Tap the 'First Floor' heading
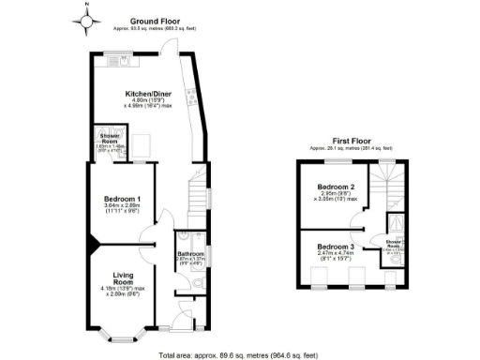351,142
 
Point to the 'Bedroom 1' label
122,199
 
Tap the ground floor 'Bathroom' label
190,254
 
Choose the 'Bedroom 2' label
336,187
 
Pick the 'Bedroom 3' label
335,244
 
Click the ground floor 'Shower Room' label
110,138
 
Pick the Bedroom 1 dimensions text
122,209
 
